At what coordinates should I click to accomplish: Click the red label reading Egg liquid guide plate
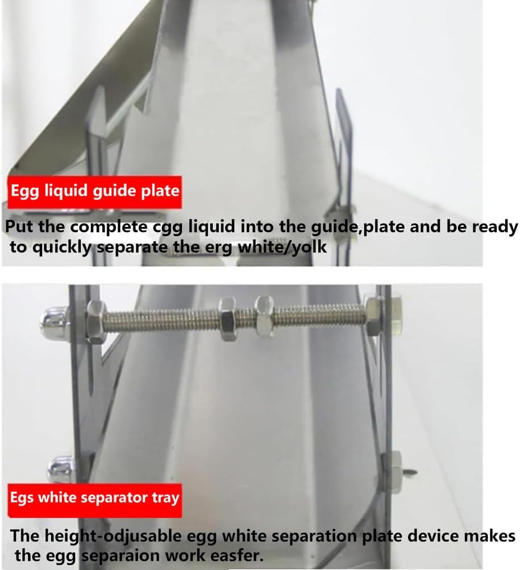pos(94,190)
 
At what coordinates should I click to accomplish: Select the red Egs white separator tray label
pos(94,498)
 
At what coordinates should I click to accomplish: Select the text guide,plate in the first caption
pos(352,226)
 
